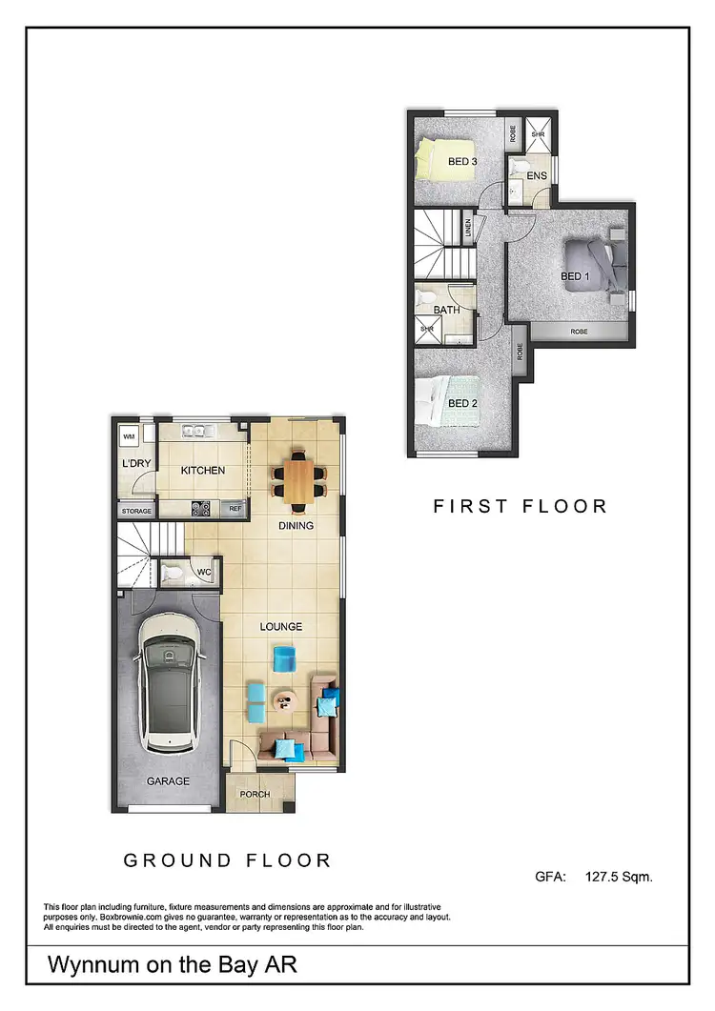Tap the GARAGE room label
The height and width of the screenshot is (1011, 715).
coord(168,781)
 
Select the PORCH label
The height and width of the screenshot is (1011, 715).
coord(255,795)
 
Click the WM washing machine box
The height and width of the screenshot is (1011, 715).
coord(128,437)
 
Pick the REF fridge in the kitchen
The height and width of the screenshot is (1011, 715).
coord(235,509)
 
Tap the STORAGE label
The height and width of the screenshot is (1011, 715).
coord(136,512)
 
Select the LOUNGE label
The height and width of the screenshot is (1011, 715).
coord(281,626)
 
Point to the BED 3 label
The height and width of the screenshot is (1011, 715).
coord(462,162)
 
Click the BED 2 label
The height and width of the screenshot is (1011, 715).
coord(462,403)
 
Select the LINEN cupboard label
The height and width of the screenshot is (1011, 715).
coord(468,229)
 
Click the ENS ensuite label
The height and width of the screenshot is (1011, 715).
coord(537,176)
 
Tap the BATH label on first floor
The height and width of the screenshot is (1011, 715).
coord(447,311)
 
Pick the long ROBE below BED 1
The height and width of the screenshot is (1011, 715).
coord(579,332)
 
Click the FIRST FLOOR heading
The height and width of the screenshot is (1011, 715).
coord(520,506)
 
